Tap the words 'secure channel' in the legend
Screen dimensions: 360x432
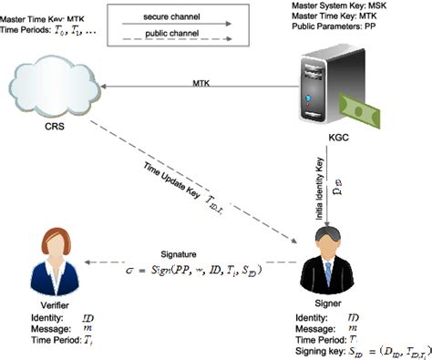172,17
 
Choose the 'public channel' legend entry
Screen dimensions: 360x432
171,36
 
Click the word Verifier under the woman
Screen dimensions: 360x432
52,305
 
